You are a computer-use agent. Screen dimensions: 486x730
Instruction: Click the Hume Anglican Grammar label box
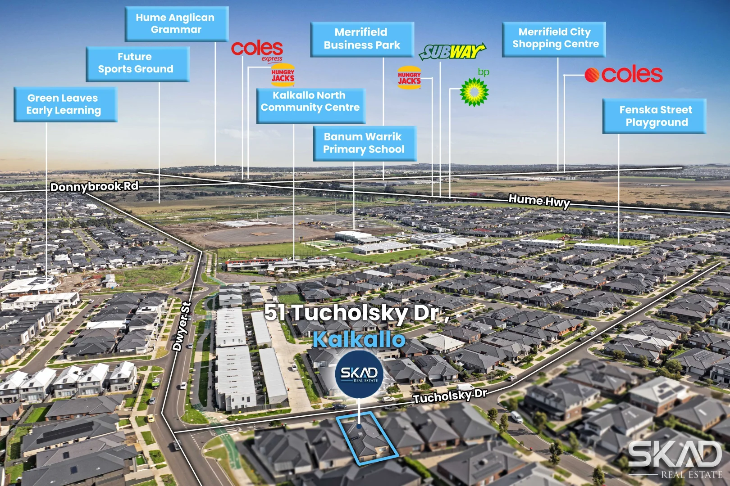point(176,23)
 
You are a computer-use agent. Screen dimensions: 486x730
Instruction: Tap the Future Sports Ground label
point(137,63)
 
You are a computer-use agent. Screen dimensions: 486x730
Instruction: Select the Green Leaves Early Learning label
point(65,104)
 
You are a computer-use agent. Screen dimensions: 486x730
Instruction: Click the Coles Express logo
point(257,50)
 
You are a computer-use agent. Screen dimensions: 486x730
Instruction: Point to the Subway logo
point(452,51)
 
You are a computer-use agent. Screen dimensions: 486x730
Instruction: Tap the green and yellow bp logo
point(474,92)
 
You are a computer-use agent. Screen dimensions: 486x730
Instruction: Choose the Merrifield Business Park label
point(362,39)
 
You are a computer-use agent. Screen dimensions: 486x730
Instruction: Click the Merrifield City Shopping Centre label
point(554,39)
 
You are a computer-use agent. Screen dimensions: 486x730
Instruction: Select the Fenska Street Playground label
point(654,116)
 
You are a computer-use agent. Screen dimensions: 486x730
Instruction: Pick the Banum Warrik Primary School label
point(365,143)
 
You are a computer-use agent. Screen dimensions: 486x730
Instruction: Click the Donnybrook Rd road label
point(94,186)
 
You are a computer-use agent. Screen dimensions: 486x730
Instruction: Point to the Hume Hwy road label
point(539,201)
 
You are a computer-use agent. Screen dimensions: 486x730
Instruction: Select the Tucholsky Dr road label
point(450,396)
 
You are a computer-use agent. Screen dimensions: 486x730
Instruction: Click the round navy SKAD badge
point(359,374)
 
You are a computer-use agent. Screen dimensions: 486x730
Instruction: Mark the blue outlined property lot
point(367,438)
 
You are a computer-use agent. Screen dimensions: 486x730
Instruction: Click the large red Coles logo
point(624,75)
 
